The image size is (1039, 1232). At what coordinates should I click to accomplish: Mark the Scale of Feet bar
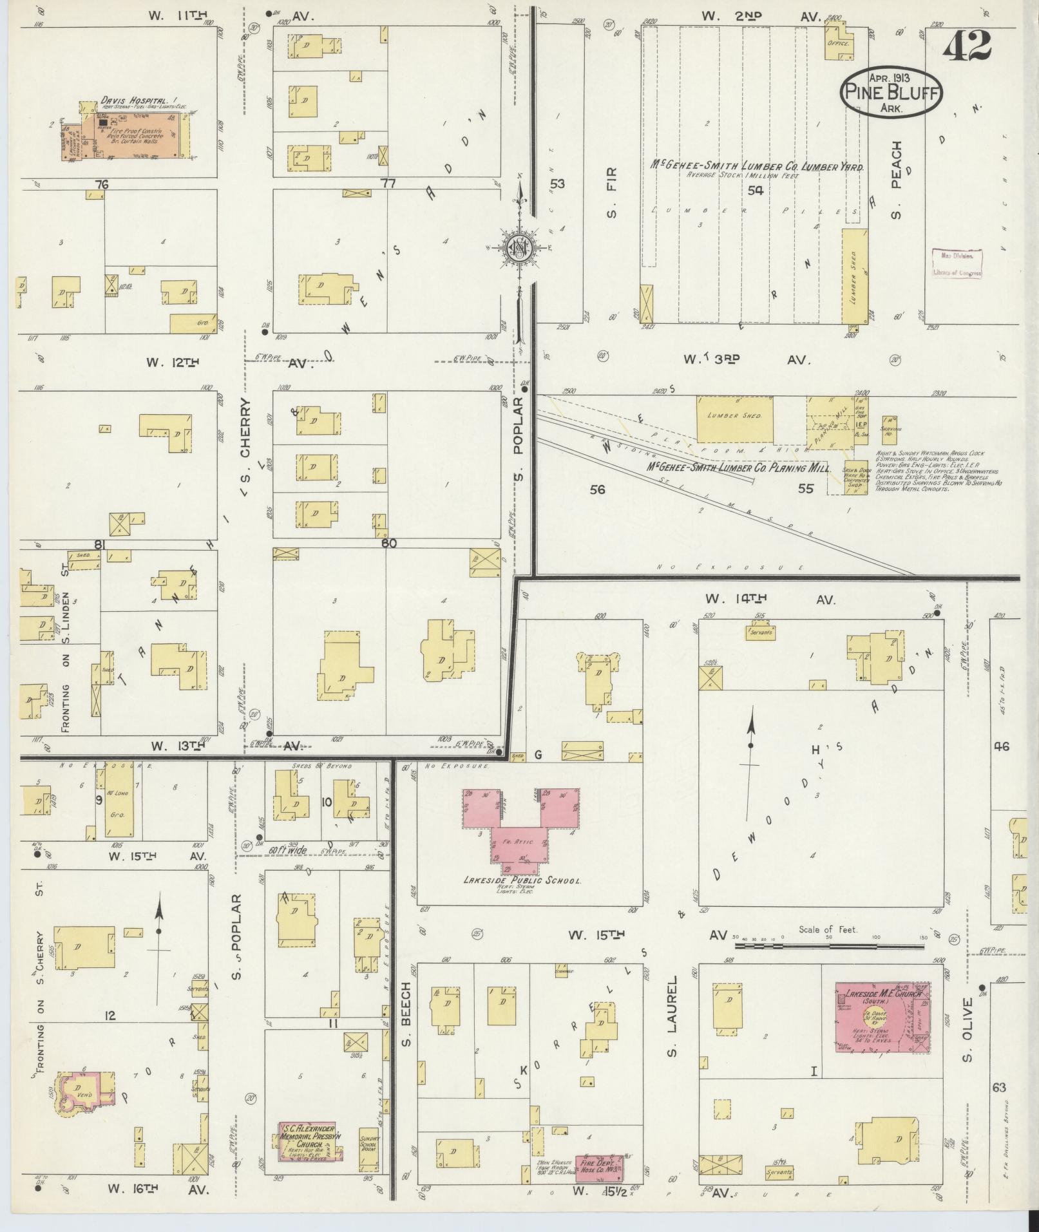point(828,947)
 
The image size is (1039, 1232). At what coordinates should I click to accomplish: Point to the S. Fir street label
point(611,191)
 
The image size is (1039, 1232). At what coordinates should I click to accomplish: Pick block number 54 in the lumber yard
point(755,191)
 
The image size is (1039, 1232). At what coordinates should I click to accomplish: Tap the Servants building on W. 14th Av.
point(761,632)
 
